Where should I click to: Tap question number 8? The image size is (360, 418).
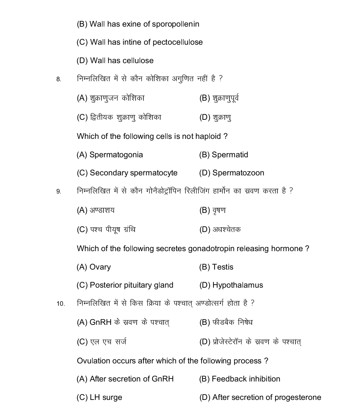[59, 80]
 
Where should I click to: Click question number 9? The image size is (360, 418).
[59, 191]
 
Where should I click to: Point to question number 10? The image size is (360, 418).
[60, 304]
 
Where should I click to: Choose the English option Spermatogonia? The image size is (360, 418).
[116, 155]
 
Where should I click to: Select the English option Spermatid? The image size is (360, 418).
[230, 155]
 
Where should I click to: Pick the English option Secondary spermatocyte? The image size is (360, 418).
[133, 173]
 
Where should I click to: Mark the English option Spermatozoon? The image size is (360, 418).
[238, 173]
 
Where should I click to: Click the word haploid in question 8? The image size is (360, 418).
[208, 136]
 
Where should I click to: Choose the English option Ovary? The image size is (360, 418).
[100, 267]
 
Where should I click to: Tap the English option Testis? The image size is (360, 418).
[222, 267]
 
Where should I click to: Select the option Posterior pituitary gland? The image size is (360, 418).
[131, 285]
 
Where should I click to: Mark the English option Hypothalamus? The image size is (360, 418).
[237, 285]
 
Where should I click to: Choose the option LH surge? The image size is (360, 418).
[106, 398]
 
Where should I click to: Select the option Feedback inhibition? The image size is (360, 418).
[246, 379]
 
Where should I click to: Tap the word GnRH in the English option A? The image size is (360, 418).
[163, 379]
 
